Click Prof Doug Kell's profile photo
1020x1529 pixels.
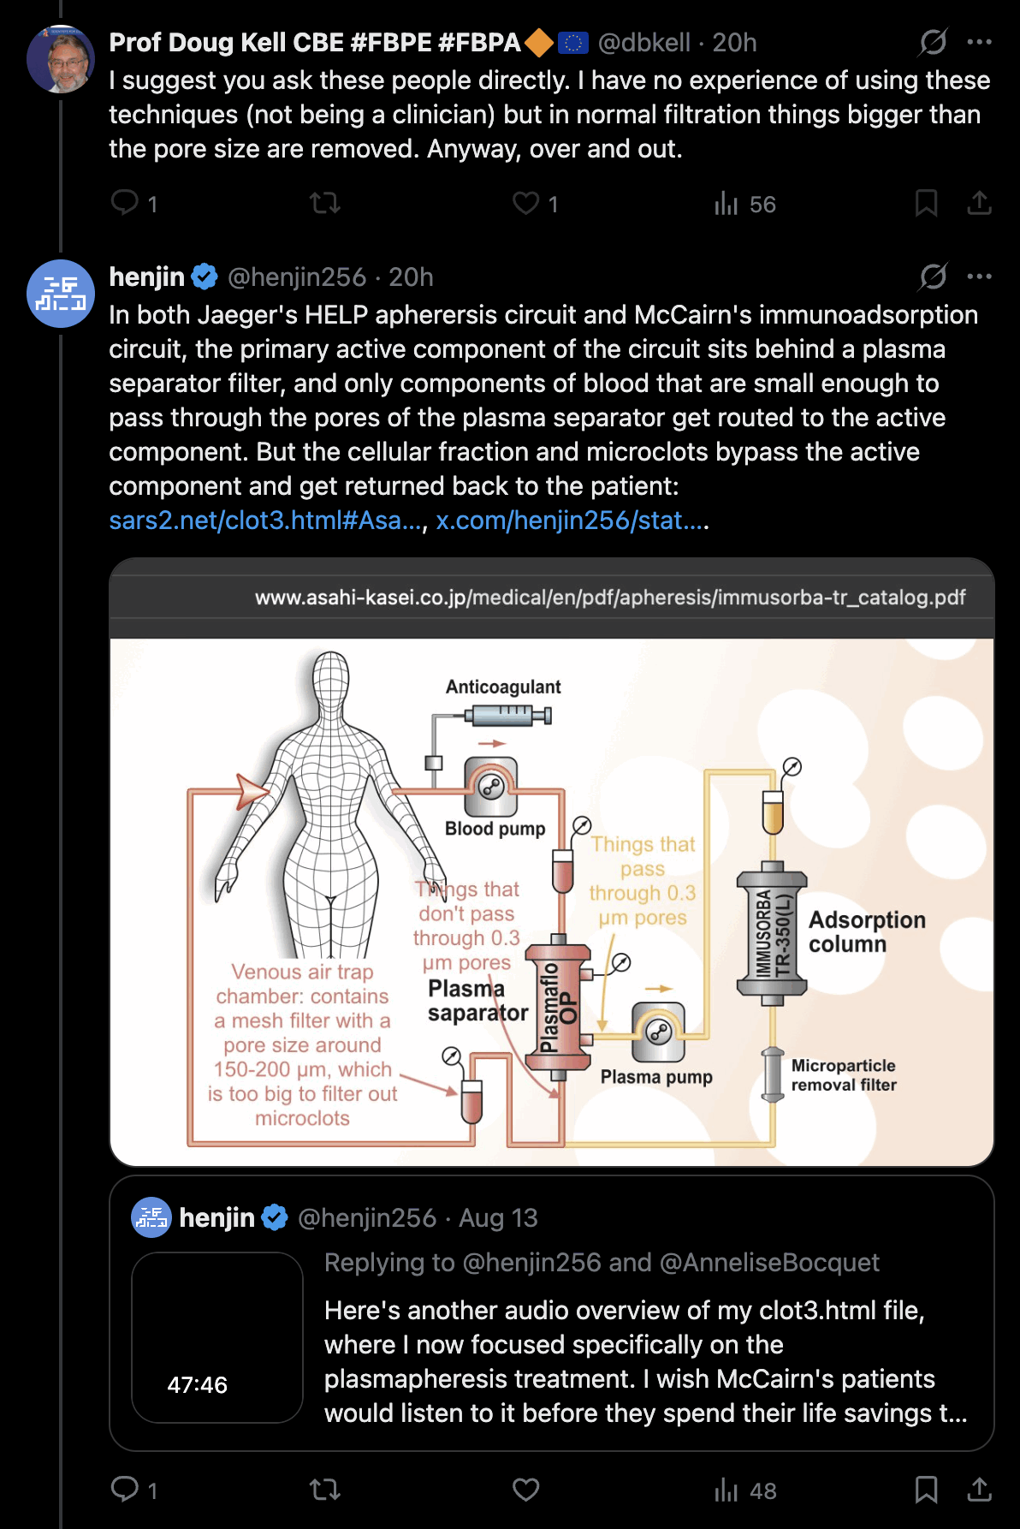click(x=61, y=59)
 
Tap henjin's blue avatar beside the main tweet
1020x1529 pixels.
click(x=61, y=294)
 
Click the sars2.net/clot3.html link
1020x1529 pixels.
click(x=266, y=520)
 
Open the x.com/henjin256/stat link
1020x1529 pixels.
click(x=572, y=520)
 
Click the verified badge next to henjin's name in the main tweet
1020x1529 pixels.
click(x=205, y=277)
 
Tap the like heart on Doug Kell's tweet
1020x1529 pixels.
click(x=525, y=203)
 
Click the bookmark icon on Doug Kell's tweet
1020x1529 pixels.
click(x=926, y=203)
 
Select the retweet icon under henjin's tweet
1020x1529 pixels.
click(x=325, y=1490)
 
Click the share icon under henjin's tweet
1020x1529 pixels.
click(x=979, y=1490)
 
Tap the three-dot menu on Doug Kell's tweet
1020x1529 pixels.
click(x=979, y=42)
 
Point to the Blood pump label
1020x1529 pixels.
click(x=495, y=828)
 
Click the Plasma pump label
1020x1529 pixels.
click(x=656, y=1076)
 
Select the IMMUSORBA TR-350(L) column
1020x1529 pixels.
click(x=772, y=933)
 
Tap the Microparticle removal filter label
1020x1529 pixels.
click(x=844, y=1074)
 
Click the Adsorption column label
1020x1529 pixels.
click(x=867, y=931)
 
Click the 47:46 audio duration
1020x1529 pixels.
click(x=198, y=1384)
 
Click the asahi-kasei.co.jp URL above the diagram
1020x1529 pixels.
click(x=610, y=597)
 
